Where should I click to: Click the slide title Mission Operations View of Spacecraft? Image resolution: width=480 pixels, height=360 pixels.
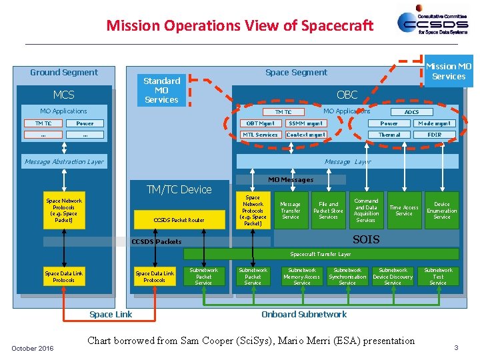tap(239, 26)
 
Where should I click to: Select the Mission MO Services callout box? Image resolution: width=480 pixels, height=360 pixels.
tap(449, 71)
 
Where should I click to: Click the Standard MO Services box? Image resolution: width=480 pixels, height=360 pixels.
tap(162, 90)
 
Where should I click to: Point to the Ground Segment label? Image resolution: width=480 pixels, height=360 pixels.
tap(64, 72)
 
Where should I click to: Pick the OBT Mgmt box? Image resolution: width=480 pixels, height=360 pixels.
tap(261, 123)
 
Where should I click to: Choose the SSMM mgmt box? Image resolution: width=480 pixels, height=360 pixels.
tap(306, 123)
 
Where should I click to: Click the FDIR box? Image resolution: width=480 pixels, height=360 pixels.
tap(435, 135)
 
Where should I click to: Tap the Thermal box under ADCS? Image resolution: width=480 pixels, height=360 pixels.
tap(389, 135)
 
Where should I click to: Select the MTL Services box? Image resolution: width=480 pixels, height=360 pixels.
tap(261, 135)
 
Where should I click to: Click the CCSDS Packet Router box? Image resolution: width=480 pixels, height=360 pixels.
tap(179, 220)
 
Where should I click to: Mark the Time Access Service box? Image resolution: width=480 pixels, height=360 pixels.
tap(404, 211)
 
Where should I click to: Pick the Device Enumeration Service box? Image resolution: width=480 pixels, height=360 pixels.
tap(442, 211)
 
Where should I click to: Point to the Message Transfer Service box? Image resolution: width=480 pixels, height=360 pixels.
tap(290, 211)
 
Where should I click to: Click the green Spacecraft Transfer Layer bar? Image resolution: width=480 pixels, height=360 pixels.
tap(321, 254)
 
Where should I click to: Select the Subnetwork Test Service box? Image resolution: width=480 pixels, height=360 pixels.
tap(438, 276)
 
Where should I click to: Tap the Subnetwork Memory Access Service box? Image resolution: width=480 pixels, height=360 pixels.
tap(301, 276)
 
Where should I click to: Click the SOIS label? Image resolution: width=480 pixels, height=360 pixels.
tap(366, 239)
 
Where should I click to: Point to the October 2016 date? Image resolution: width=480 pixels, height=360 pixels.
tap(33, 348)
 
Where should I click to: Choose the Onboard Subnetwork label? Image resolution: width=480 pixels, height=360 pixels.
tap(304, 315)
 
